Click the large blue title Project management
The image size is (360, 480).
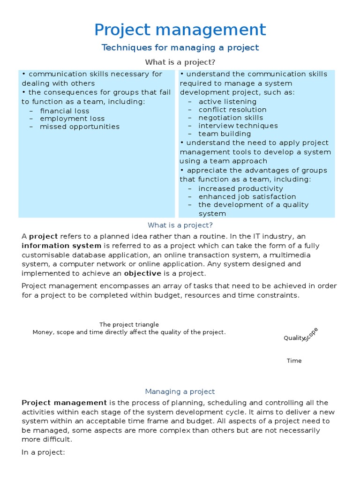click(x=180, y=30)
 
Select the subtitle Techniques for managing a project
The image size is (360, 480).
click(x=180, y=48)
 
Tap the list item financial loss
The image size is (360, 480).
click(x=64, y=111)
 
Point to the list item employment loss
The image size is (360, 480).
click(x=72, y=119)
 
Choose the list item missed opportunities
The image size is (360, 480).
click(x=80, y=127)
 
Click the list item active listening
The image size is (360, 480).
click(x=227, y=102)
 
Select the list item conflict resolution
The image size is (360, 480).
click(x=232, y=110)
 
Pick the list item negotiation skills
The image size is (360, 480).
click(x=231, y=118)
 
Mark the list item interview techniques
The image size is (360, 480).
click(x=238, y=126)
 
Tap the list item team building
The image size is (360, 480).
click(x=225, y=134)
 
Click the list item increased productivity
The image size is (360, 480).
click(x=241, y=189)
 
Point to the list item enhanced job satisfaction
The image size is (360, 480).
click(x=247, y=197)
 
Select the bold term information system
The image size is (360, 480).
click(x=61, y=246)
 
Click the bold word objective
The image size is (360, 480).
click(x=142, y=273)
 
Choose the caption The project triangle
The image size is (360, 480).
click(x=129, y=324)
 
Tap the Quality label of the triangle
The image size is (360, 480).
click(x=294, y=338)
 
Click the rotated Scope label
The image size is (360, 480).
click(x=311, y=334)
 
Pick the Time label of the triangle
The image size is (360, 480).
click(x=294, y=360)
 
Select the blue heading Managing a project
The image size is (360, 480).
click(x=180, y=391)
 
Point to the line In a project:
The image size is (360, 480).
click(x=43, y=452)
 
